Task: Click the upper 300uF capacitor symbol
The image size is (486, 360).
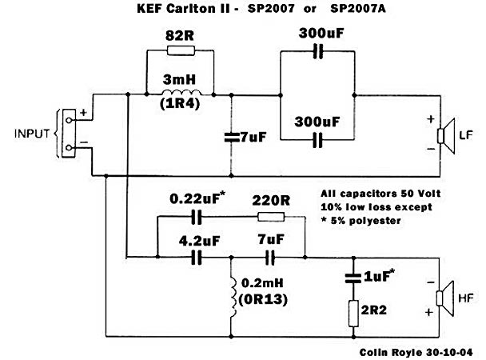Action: (318, 51)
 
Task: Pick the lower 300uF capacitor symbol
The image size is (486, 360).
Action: (318, 141)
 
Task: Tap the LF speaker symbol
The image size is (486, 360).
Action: (446, 134)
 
